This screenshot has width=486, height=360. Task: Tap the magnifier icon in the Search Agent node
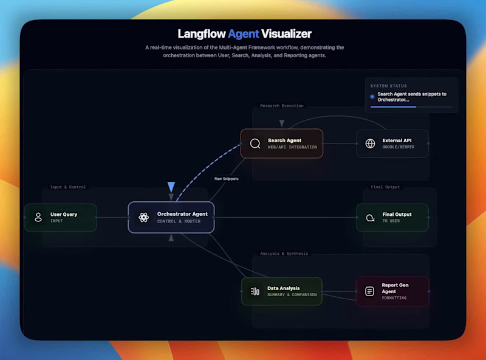[x=255, y=144]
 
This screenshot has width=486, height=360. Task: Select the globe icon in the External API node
[x=370, y=144]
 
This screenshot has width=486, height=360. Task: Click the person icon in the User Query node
[x=38, y=217]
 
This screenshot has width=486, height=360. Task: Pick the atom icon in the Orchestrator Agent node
[x=143, y=217]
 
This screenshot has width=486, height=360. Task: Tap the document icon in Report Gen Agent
[x=369, y=291]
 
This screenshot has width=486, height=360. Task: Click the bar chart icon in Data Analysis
[x=255, y=291]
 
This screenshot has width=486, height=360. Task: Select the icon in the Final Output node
[x=370, y=218]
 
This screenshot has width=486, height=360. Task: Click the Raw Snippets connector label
[x=226, y=179]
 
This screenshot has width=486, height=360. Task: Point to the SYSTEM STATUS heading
[x=388, y=86]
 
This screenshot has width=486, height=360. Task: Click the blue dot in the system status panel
[x=372, y=96]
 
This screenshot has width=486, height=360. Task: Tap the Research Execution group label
[x=281, y=106]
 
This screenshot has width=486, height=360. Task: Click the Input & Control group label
[x=67, y=187]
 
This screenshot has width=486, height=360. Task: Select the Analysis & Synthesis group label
[x=284, y=254]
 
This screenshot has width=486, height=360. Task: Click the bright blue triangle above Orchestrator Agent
[x=171, y=187]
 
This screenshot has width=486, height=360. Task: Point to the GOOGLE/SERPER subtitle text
[x=399, y=147]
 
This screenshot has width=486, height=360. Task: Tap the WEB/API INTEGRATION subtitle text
[x=292, y=147]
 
